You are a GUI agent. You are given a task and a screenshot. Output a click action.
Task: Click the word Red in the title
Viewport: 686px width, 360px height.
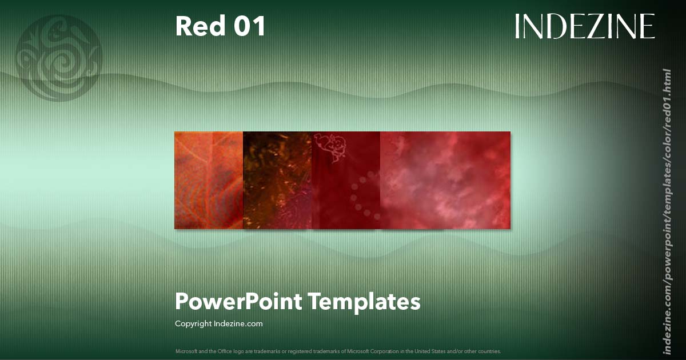click(x=197, y=26)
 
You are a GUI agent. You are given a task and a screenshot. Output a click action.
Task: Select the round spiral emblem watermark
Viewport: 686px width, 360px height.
click(x=59, y=58)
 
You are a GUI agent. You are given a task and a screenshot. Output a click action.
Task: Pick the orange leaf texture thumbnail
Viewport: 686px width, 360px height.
click(x=209, y=180)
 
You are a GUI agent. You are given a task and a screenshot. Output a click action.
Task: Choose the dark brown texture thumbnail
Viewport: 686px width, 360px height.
click(x=277, y=180)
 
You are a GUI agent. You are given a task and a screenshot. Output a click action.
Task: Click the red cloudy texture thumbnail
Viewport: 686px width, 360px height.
click(x=445, y=180)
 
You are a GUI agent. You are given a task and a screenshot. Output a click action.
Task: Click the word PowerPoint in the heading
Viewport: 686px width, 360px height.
click(x=238, y=301)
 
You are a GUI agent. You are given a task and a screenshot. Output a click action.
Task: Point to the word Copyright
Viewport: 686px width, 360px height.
click(x=193, y=323)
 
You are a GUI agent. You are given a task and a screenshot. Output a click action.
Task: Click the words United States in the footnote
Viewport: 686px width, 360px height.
click(x=435, y=351)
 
